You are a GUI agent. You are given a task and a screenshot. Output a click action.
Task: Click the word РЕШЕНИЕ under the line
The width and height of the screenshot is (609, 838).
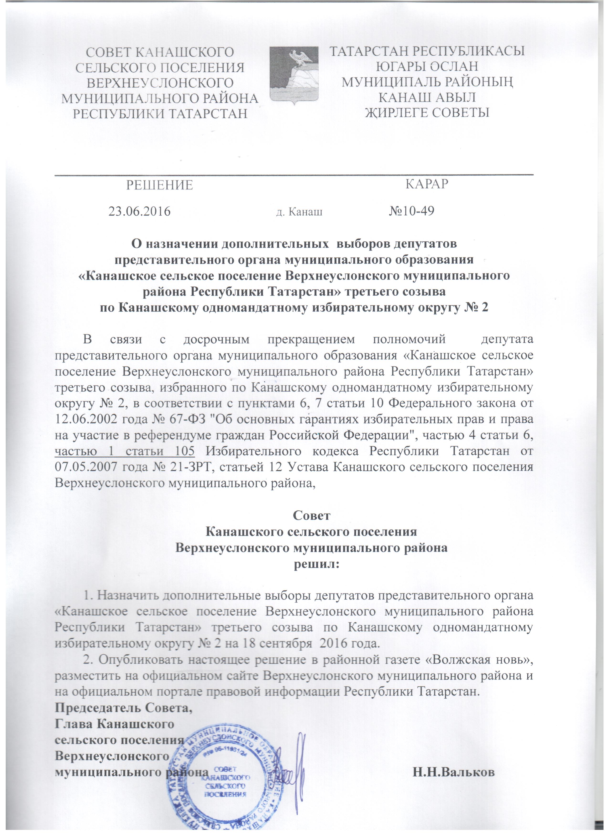point(160,185)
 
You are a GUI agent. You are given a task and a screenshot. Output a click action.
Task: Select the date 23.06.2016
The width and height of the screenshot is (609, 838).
point(139,211)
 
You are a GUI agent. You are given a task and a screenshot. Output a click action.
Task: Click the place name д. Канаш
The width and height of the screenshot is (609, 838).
point(299,212)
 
